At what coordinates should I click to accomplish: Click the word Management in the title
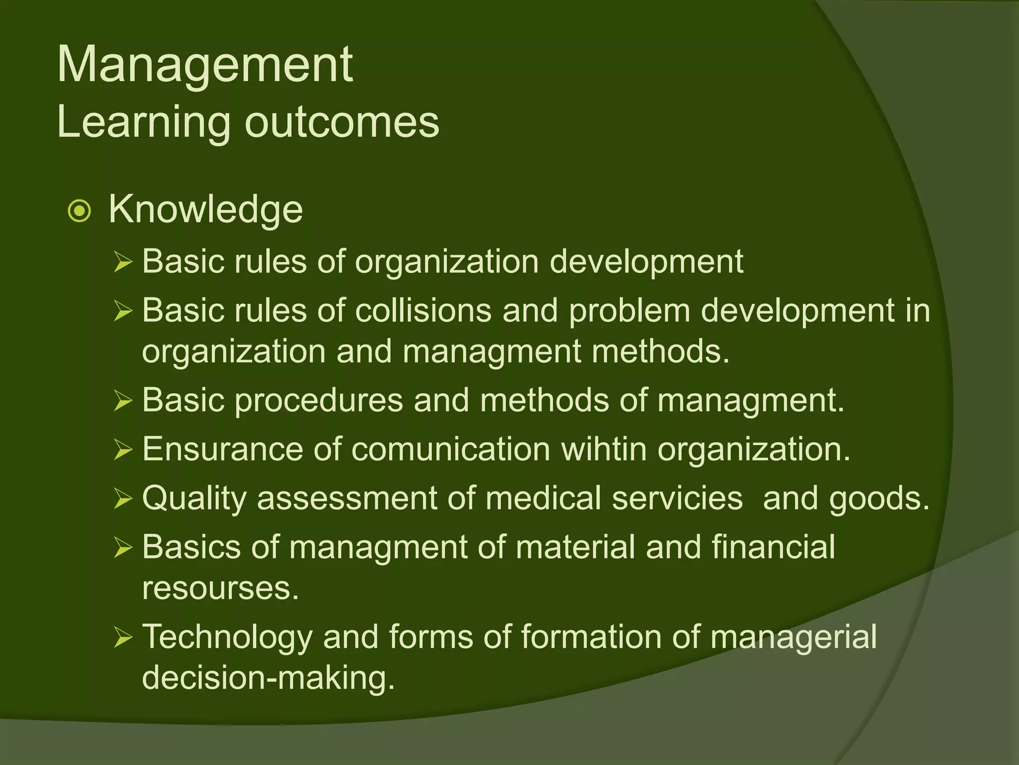click(205, 65)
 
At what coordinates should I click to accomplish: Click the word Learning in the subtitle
click(144, 123)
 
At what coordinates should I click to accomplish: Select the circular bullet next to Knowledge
click(79, 211)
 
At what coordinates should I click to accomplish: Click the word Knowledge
click(205, 209)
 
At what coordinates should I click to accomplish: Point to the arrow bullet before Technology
click(122, 637)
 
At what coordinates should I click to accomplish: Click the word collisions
click(423, 311)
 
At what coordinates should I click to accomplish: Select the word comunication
click(451, 449)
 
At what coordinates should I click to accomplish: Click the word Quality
click(194, 499)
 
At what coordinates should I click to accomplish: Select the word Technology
click(227, 637)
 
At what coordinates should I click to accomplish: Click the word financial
click(773, 547)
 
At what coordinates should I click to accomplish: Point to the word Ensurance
click(222, 449)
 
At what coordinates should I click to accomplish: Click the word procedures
click(318, 400)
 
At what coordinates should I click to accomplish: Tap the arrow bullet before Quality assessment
click(122, 499)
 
